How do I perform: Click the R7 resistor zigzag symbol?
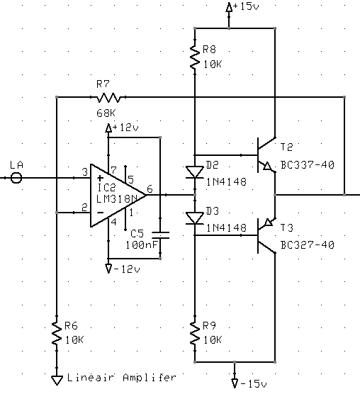(x=108, y=97)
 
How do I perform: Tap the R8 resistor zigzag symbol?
(x=195, y=57)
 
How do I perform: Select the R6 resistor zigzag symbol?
(x=57, y=333)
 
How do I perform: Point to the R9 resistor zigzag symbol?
(x=195, y=333)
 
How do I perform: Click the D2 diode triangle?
(x=195, y=172)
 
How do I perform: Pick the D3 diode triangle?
(x=195, y=218)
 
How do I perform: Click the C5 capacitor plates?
(x=161, y=235)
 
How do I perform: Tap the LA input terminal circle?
(x=16, y=178)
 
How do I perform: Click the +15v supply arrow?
(x=229, y=7)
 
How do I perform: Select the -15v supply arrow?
(x=235, y=383)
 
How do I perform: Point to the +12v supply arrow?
(x=108, y=128)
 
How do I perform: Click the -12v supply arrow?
(x=108, y=269)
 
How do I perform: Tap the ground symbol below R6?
(x=57, y=380)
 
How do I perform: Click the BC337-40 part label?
(x=308, y=165)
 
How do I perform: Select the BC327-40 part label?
(x=308, y=244)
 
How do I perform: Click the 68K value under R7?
(x=106, y=113)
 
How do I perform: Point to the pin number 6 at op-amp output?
(x=150, y=188)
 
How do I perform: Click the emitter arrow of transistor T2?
(x=267, y=166)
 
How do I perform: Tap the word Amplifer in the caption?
(x=150, y=377)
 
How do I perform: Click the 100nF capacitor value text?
(x=142, y=244)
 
